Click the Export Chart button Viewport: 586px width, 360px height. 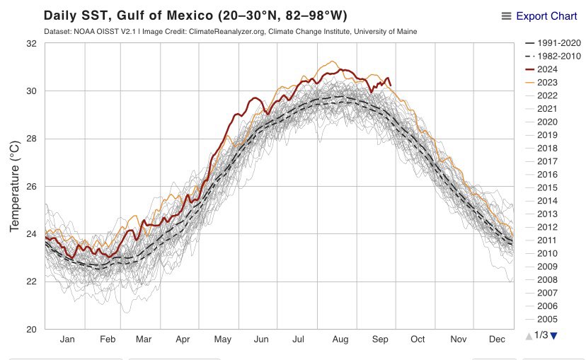pyautogui.click(x=546, y=16)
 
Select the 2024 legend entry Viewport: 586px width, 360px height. pyautogui.click(x=547, y=69)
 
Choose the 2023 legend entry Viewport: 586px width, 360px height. pyautogui.click(x=547, y=82)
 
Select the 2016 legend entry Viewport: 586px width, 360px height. pyautogui.click(x=547, y=174)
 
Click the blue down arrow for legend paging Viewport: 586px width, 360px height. pyautogui.click(x=554, y=335)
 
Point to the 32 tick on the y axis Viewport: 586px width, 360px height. pyautogui.click(x=32, y=43)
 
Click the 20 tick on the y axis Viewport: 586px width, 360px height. pyautogui.click(x=32, y=329)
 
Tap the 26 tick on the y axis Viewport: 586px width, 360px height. pyautogui.click(x=32, y=186)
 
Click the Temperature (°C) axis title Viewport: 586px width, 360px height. pyautogui.click(x=14, y=186)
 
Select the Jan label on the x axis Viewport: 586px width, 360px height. pyautogui.click(x=67, y=339)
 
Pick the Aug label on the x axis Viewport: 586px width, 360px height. pyautogui.click(x=340, y=339)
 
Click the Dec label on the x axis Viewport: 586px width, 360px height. pyautogui.click(x=496, y=339)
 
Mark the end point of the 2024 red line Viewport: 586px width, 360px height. pyautogui.click(x=391, y=86)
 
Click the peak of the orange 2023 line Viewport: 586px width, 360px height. pyautogui.click(x=332, y=62)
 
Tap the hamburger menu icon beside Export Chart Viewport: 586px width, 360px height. pyautogui.click(x=506, y=16)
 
